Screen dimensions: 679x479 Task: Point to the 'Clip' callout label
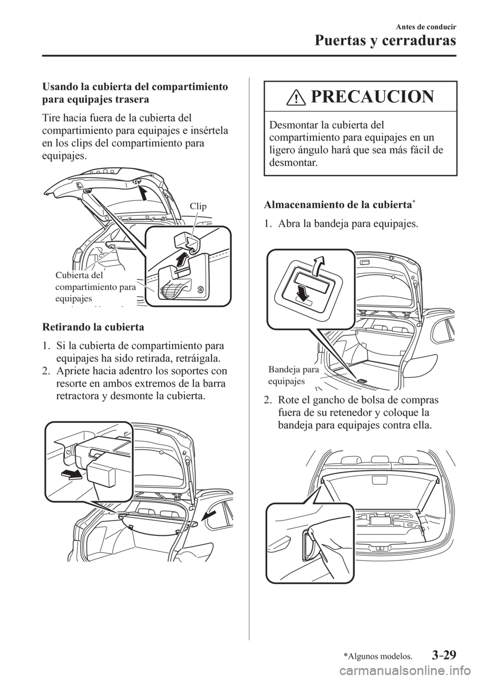click(x=198, y=205)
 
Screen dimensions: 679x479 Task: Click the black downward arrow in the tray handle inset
click(x=299, y=293)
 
